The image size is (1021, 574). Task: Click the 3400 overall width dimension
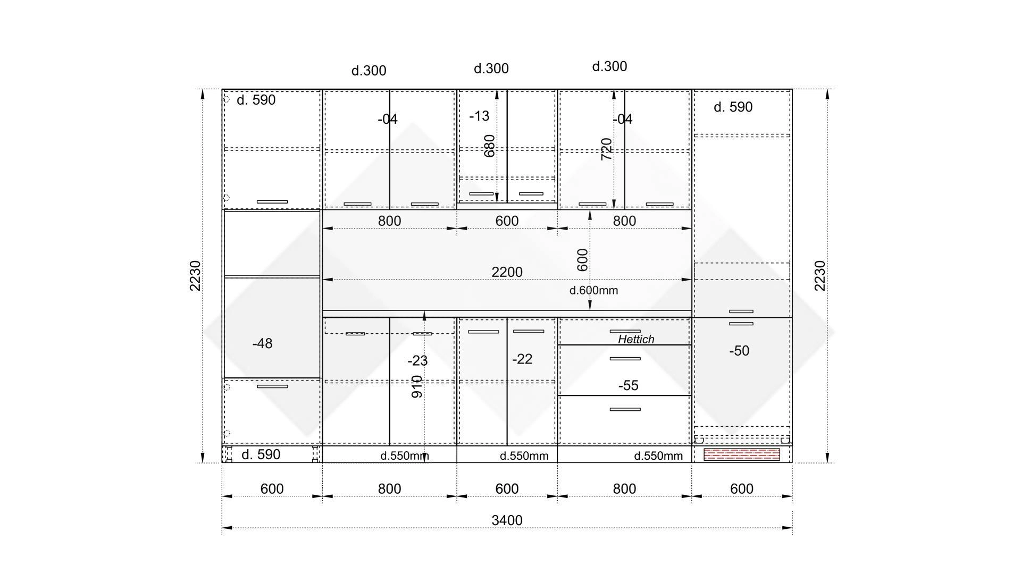coord(507,520)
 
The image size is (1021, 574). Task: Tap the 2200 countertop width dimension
coord(507,272)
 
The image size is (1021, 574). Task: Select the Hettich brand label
coord(636,339)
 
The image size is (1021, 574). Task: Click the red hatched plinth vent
coord(742,454)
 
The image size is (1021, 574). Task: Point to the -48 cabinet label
coord(263,344)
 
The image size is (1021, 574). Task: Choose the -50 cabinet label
coord(739,351)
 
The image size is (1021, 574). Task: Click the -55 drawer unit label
coord(628,385)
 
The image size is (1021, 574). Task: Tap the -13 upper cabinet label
coord(479,116)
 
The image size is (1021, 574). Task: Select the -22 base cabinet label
coord(522,359)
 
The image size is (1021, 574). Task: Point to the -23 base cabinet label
coord(417,361)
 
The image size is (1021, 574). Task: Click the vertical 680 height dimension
coord(489,146)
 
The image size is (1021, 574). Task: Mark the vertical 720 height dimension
coord(606,149)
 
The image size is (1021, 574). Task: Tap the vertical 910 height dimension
coord(417,387)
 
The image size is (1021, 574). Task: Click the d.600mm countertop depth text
coord(593,290)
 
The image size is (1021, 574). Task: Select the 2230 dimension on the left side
coord(195,276)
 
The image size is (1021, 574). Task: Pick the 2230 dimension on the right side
coord(820,276)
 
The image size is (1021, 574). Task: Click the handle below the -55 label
coord(625,409)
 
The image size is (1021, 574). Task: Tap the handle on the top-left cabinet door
coord(272,202)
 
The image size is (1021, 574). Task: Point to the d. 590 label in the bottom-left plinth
coord(261,454)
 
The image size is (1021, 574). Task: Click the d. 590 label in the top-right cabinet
coord(733,107)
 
